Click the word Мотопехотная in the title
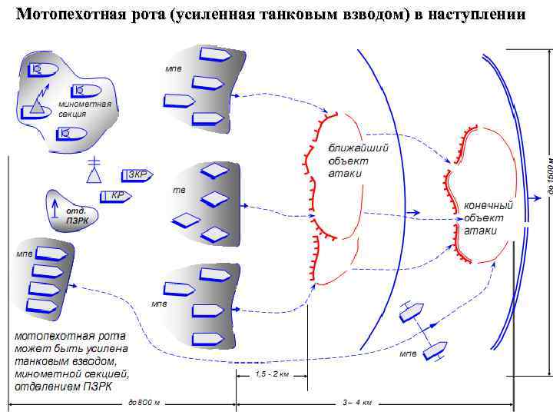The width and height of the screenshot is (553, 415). coord(64,15)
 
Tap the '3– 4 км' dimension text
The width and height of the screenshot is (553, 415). coord(356,403)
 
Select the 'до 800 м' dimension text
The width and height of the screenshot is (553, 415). coord(143,403)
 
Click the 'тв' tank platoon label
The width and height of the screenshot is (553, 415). coord(177,189)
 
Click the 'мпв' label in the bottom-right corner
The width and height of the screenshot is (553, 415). coord(408,355)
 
